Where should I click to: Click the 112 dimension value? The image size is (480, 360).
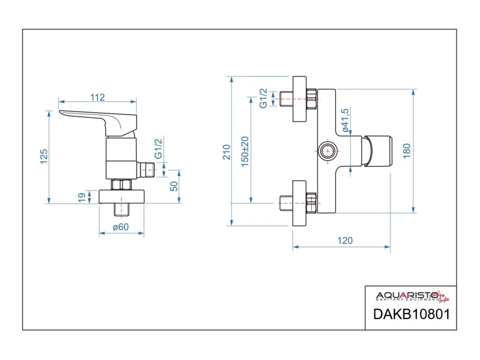point(97,97)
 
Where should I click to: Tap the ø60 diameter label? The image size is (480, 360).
point(120,228)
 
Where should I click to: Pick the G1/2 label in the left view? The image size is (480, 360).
point(159,149)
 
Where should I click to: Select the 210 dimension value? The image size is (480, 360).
point(227,152)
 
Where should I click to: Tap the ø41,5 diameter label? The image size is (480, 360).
point(346,120)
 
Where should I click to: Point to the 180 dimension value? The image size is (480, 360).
point(406,150)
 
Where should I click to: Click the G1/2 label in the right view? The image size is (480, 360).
point(263,98)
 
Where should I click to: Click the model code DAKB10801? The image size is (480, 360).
point(411,314)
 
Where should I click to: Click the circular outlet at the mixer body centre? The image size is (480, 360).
point(327,151)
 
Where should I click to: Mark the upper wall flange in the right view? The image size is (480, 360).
point(300,99)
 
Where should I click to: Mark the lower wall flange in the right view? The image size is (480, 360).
point(300,203)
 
